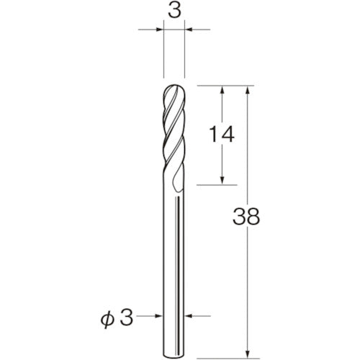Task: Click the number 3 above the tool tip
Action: pyautogui.click(x=174, y=12)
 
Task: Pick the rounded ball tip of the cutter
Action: pyautogui.click(x=174, y=91)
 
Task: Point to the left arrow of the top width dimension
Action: pyautogui.click(x=158, y=30)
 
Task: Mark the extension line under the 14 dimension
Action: pyautogui.click(x=216, y=185)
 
